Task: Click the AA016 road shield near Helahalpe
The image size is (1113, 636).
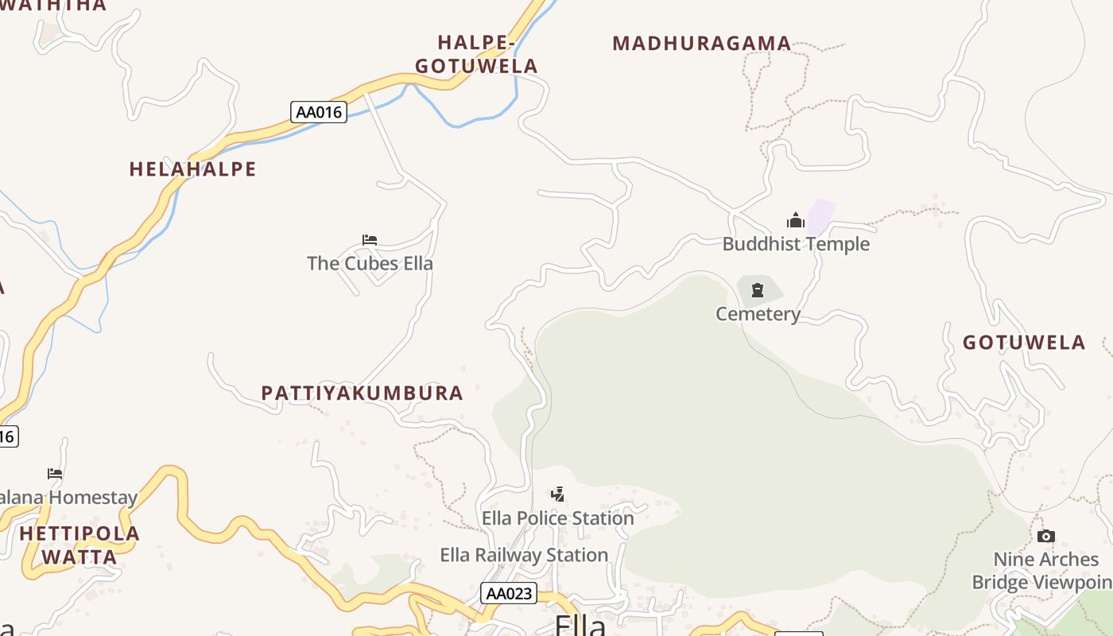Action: point(319,112)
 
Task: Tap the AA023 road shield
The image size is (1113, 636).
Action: point(509,593)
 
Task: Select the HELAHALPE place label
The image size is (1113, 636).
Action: point(193,169)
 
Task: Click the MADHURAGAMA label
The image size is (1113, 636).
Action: point(702,44)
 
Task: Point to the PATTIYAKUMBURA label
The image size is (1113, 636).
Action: point(363,393)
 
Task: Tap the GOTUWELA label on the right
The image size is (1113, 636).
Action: point(1024,343)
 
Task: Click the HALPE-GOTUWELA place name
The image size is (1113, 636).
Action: point(476,54)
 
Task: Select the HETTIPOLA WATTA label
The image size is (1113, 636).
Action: point(79,545)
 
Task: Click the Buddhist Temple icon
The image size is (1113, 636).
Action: point(796,220)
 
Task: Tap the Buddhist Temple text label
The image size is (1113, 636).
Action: point(796,244)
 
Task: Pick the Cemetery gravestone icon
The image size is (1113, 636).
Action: point(758,290)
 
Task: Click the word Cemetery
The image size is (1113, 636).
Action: point(758,314)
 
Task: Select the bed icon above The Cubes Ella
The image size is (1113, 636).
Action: point(370,239)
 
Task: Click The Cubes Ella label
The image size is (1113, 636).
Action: point(370,263)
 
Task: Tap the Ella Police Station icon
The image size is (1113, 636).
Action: point(558,494)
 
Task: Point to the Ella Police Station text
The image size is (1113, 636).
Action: point(558,518)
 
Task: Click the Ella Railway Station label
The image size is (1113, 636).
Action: point(524,555)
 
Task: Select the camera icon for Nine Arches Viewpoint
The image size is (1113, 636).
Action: point(1046,536)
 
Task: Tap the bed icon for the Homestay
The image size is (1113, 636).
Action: point(55,473)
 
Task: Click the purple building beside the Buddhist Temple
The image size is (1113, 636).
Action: point(820,215)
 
